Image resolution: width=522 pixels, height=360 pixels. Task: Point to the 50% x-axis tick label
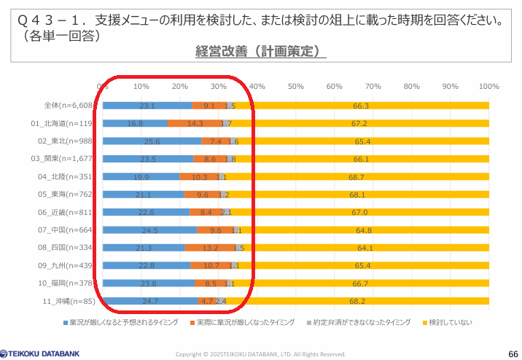[x=295, y=87]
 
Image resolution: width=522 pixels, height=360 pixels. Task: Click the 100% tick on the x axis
[x=488, y=87]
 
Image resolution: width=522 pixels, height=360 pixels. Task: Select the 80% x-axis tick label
[x=411, y=87]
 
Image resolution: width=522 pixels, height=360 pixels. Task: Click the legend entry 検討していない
[x=445, y=322]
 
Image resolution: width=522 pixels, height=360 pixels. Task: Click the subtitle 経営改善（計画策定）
[x=260, y=51]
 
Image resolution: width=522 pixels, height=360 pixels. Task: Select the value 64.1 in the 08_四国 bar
[x=357, y=248]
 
